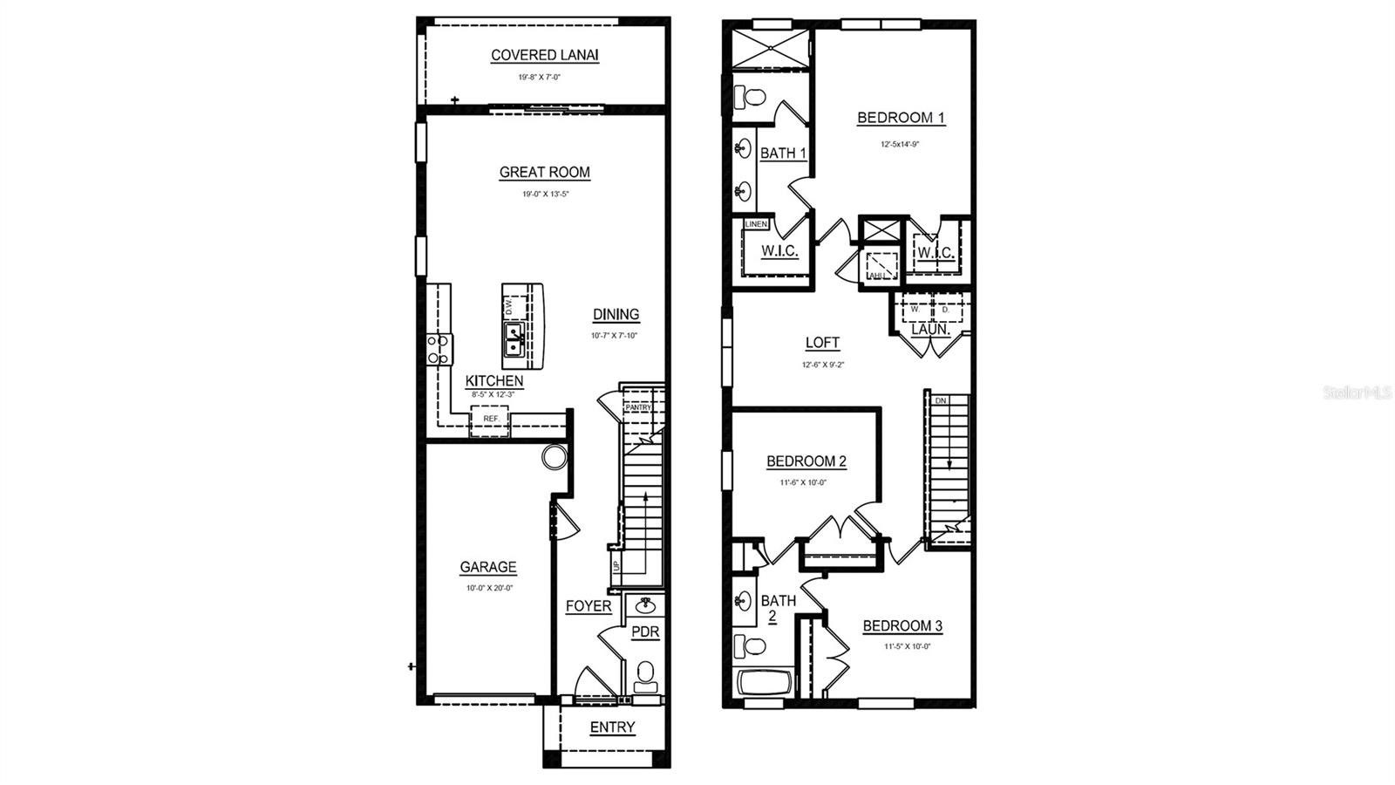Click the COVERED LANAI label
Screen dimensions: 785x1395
point(545,55)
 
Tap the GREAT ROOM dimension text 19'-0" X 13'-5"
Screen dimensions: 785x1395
point(545,195)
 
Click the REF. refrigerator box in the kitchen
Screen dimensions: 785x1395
point(491,420)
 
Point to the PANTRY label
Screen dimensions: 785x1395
point(638,407)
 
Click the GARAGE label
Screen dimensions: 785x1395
point(488,567)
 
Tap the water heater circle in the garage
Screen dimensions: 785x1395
point(553,456)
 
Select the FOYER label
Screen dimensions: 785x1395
point(589,606)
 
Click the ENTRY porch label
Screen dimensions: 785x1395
point(612,727)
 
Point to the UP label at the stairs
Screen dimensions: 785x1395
point(616,566)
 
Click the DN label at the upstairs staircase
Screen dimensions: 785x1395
point(940,400)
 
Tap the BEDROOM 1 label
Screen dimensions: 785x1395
point(901,118)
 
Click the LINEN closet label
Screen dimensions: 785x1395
point(756,224)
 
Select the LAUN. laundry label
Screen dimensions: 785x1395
point(930,330)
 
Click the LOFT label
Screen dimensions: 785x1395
point(822,343)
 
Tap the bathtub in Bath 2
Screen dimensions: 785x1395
point(765,683)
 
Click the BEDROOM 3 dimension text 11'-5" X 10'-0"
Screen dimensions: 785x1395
point(902,646)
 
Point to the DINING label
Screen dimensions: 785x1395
point(616,314)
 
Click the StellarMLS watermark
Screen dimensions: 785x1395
point(1358,393)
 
